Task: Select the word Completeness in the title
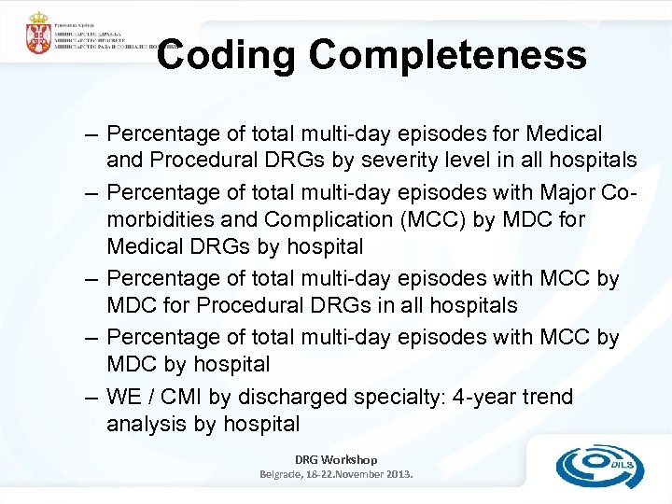(x=448, y=55)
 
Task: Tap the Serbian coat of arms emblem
(x=38, y=35)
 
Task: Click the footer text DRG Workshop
(x=336, y=459)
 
